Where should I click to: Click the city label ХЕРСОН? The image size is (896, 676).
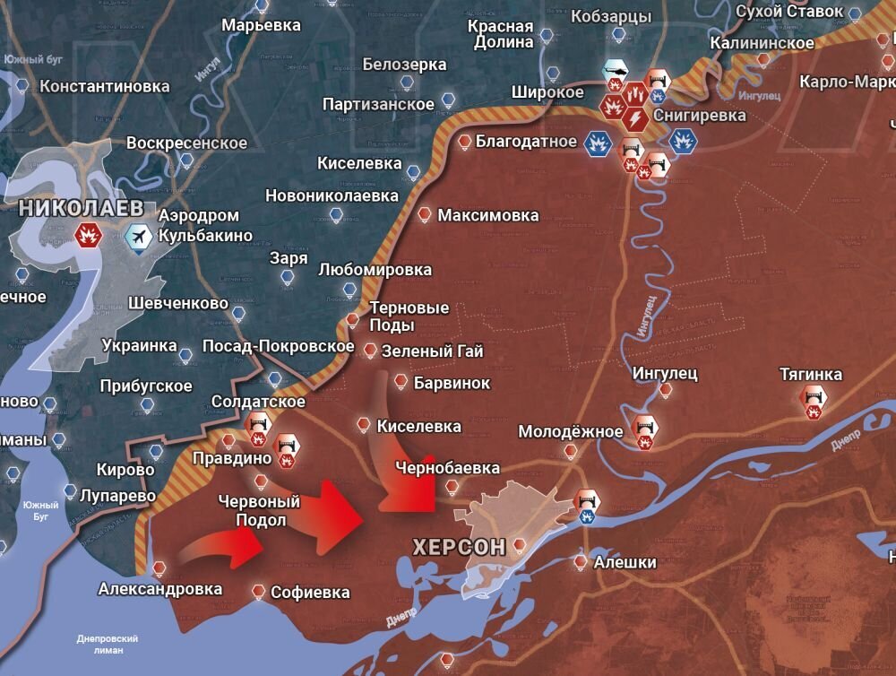click(x=459, y=546)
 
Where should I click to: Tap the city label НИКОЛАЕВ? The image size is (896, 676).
click(x=81, y=207)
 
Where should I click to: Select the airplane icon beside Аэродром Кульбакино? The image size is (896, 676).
click(x=139, y=235)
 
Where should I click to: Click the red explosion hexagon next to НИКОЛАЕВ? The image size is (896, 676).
click(x=89, y=235)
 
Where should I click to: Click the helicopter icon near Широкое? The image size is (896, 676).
click(x=616, y=70)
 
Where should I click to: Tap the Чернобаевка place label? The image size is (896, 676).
click(x=449, y=467)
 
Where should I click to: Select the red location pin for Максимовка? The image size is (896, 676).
click(x=425, y=214)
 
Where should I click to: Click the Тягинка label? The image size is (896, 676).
click(x=811, y=374)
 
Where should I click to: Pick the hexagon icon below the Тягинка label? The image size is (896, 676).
click(x=814, y=401)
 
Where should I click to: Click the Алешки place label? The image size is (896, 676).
click(x=624, y=562)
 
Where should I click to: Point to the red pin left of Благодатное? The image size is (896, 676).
click(x=464, y=142)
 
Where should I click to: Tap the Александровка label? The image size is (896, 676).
click(x=160, y=589)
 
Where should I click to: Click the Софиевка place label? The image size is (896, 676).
click(x=310, y=593)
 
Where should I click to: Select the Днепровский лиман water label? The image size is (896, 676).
click(x=108, y=645)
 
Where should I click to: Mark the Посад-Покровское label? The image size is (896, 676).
click(x=279, y=346)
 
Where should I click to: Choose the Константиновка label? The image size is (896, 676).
click(x=105, y=86)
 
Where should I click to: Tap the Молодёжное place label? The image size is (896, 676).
click(x=571, y=431)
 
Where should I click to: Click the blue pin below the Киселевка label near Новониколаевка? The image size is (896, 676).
click(x=412, y=172)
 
